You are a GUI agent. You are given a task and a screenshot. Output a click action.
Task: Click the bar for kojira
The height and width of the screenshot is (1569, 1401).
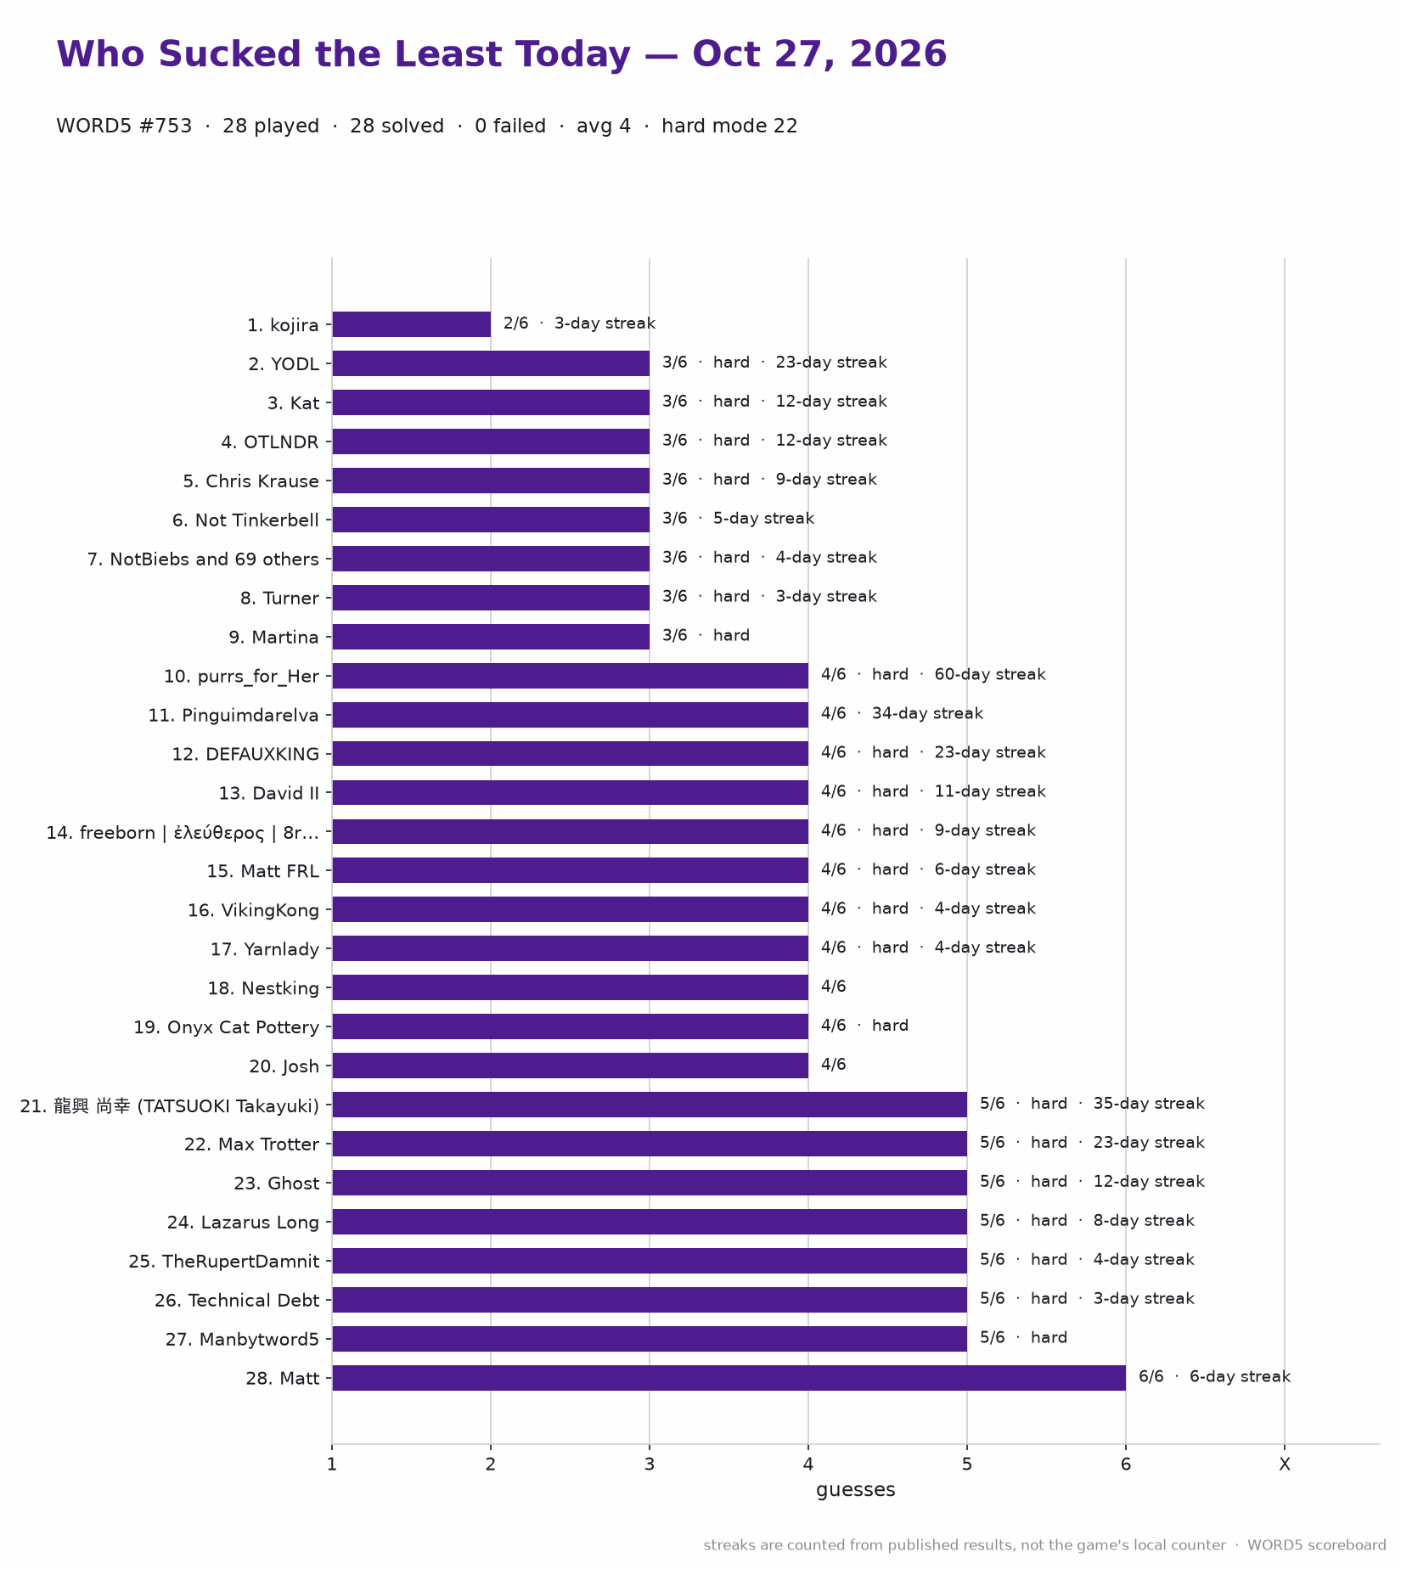point(411,324)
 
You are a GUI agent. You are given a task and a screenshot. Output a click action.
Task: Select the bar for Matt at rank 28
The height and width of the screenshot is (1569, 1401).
point(729,1378)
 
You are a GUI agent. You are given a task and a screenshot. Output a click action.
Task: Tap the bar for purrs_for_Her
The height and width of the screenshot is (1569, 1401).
point(570,676)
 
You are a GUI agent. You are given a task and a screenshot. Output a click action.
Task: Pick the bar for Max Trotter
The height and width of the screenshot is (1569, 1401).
point(650,1144)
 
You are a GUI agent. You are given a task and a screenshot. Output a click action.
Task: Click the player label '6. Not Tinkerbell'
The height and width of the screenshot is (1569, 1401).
point(245,520)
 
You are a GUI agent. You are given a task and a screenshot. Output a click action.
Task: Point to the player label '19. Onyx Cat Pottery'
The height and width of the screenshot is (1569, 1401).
point(227,1027)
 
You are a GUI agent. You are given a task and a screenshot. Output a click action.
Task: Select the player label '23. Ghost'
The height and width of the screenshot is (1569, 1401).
point(277,1184)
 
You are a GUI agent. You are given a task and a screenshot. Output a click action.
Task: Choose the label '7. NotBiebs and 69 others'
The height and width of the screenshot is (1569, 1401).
point(203,560)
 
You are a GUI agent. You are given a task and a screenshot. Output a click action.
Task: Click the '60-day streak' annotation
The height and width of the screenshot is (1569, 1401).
point(990,675)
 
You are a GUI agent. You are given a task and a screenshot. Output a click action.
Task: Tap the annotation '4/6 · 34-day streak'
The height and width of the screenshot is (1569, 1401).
point(902,714)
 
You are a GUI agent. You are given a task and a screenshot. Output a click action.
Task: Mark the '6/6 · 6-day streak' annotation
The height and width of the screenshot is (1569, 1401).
point(1214,1377)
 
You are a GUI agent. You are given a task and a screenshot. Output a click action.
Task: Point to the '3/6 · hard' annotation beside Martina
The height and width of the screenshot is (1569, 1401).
point(706,636)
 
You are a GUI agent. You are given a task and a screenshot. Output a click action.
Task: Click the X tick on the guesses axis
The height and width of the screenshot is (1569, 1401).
point(1285,1465)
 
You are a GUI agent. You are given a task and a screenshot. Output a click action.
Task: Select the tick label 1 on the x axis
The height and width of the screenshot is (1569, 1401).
point(332,1465)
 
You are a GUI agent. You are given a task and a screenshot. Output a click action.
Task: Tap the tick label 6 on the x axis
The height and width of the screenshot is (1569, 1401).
point(1126,1465)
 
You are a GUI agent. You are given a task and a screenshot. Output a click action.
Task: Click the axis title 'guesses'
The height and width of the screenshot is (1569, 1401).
point(856,1491)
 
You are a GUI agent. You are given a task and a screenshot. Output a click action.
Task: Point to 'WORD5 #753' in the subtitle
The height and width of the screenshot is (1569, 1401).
point(124,127)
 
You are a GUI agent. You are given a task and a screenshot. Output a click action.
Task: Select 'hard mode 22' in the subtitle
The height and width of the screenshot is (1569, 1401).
point(729,127)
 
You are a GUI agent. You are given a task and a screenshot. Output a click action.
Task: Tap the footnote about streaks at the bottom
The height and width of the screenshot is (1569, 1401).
point(1045,1545)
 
